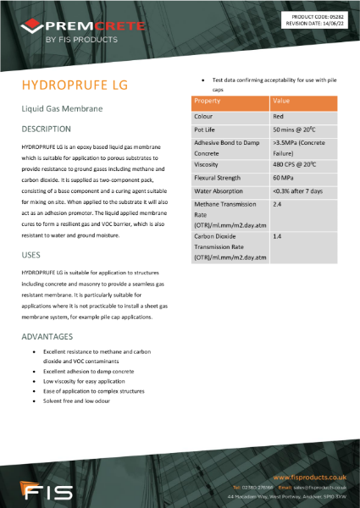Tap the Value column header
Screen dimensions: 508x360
click(x=282, y=102)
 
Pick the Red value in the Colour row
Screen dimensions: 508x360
click(x=279, y=116)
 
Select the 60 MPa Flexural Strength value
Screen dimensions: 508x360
click(x=283, y=179)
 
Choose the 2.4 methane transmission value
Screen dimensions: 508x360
click(x=277, y=205)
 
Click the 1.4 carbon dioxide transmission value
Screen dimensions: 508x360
click(x=277, y=238)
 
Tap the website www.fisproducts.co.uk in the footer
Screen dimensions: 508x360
click(x=312, y=478)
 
